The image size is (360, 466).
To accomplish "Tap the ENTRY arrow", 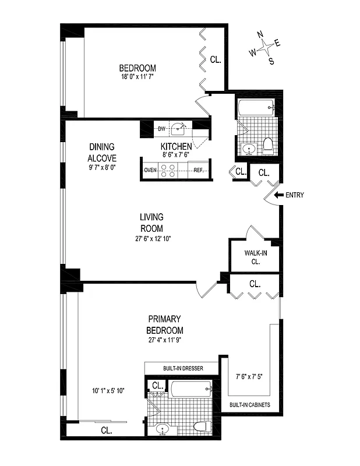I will click(x=280, y=195).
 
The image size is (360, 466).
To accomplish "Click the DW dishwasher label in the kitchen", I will click(x=162, y=129).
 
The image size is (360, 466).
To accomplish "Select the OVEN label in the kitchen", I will click(x=151, y=170).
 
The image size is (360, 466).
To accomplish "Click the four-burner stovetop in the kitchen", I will click(x=168, y=170).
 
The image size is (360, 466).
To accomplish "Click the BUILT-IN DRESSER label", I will click(x=181, y=368).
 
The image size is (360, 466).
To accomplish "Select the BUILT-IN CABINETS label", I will click(x=249, y=404).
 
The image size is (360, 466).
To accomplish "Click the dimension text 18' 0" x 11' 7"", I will click(x=137, y=76).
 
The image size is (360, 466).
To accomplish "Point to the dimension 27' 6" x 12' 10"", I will click(x=151, y=238).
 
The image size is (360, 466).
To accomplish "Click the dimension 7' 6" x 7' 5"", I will click(x=249, y=376).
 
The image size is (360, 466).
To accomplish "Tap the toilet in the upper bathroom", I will click(x=268, y=145).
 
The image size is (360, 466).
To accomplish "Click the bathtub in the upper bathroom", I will click(x=256, y=108).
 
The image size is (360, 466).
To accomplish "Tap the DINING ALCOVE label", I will click(x=102, y=152).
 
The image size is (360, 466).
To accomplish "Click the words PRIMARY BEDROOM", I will click(x=165, y=324).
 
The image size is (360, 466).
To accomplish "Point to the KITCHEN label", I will click(x=176, y=146).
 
